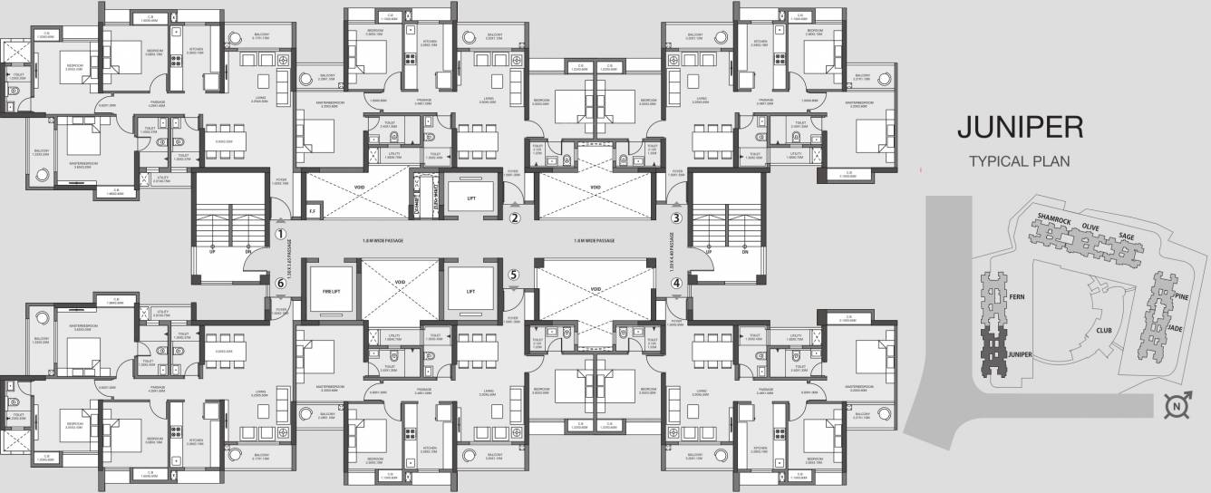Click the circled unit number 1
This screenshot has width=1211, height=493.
(x=281, y=233)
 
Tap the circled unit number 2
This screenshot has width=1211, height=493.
(x=514, y=217)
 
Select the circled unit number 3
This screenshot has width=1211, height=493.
(x=675, y=217)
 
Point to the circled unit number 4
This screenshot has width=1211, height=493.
(x=675, y=282)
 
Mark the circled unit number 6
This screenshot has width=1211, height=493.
(x=281, y=283)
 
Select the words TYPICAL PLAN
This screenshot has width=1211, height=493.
(x=1020, y=162)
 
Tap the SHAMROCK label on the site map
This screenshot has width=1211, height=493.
(x=1053, y=221)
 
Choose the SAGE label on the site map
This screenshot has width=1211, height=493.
(x=1126, y=237)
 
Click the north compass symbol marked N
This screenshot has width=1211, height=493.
(x=1177, y=408)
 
